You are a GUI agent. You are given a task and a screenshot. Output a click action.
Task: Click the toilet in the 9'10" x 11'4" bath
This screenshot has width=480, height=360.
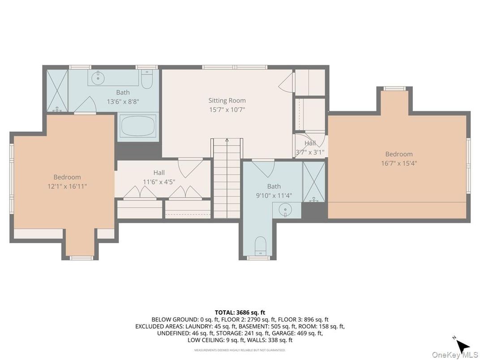(260, 245)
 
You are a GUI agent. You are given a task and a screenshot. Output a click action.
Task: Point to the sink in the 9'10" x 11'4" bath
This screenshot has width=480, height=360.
(285, 210)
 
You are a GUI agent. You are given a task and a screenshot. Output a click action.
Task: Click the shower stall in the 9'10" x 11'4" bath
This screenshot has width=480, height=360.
(314, 182)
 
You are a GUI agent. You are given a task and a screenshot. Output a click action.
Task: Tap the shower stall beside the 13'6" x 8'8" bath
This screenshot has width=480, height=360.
(56, 90)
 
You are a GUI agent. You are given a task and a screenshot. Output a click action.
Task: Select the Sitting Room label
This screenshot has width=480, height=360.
(227, 100)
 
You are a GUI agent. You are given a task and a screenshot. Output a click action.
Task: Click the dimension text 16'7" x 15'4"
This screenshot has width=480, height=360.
(396, 163)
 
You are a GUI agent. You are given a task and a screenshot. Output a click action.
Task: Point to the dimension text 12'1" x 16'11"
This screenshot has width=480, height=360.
(67, 186)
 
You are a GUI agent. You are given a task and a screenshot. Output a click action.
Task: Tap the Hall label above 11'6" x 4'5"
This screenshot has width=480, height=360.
(159, 172)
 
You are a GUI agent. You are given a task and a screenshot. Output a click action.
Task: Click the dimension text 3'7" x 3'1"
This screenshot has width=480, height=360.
(310, 152)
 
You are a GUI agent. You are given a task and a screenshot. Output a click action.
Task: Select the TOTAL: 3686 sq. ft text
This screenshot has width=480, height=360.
(240, 312)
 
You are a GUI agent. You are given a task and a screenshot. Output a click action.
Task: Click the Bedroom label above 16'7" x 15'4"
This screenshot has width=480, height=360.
(396, 154)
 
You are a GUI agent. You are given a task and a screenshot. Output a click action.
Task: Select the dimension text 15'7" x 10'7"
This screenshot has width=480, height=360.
(227, 109)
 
